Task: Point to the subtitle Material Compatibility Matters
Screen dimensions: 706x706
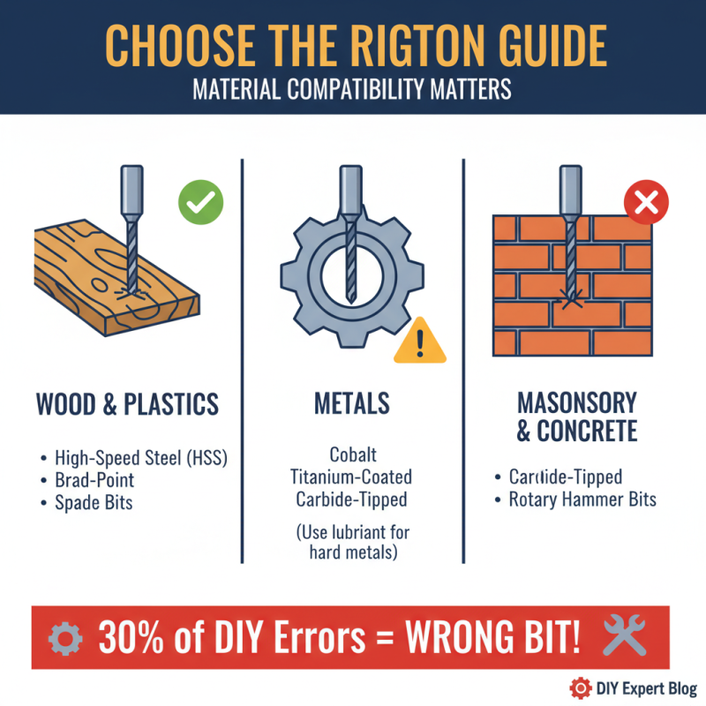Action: pos(353,90)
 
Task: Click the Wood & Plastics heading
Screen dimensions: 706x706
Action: pos(127,404)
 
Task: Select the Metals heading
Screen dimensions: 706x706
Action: pos(351,404)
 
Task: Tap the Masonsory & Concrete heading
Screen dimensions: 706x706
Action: pos(576,417)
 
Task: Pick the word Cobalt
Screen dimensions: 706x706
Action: pos(352,455)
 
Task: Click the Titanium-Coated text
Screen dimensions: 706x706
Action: pos(351,477)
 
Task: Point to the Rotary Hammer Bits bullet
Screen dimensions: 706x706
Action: pos(582,499)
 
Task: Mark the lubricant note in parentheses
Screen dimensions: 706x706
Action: pos(351,543)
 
